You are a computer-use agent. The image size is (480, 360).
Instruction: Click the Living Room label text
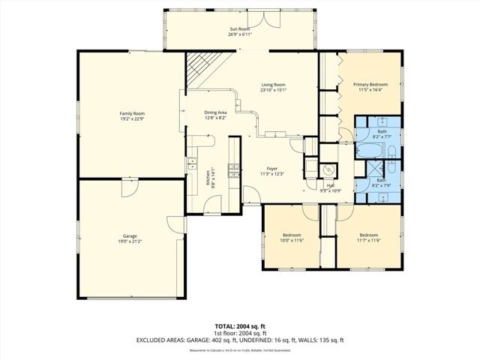(274, 85)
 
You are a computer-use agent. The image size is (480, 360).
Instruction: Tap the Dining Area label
(215, 112)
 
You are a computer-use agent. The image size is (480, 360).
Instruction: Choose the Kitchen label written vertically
(208, 178)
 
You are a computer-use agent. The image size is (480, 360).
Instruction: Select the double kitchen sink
(191, 161)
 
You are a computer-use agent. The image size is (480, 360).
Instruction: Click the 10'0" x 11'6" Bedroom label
(291, 235)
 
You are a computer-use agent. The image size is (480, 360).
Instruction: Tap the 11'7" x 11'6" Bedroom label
(370, 235)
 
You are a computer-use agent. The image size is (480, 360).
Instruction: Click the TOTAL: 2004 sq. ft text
(239, 327)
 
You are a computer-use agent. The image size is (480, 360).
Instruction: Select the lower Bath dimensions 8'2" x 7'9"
(382, 185)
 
